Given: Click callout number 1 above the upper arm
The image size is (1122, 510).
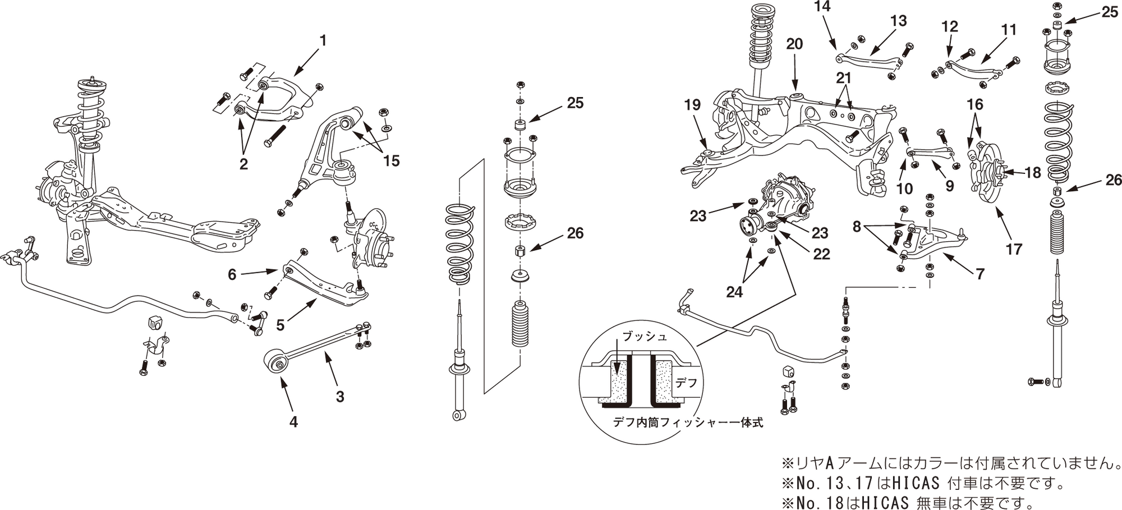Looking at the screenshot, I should click(323, 41).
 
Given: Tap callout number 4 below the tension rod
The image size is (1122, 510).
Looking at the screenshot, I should click(293, 421).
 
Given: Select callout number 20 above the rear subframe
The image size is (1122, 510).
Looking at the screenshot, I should click(794, 44).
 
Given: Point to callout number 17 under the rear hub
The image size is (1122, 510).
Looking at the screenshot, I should click(1014, 249).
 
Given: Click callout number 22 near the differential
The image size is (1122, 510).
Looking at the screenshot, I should click(821, 254).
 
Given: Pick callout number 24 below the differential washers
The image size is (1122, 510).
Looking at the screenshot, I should click(734, 292).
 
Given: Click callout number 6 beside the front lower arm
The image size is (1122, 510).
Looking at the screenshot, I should click(232, 274).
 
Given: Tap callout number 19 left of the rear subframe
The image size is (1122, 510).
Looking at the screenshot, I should click(692, 105).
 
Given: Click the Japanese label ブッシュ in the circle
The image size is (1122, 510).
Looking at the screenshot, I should click(645, 337).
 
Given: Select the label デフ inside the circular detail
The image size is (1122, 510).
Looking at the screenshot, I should click(686, 383).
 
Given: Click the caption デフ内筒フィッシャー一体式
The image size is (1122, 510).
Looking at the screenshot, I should click(688, 422).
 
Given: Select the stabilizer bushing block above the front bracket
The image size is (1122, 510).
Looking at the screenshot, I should click(155, 323).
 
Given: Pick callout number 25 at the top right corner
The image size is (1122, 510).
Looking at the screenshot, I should click(1110, 12).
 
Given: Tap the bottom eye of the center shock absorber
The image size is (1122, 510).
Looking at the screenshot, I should click(458, 415).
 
